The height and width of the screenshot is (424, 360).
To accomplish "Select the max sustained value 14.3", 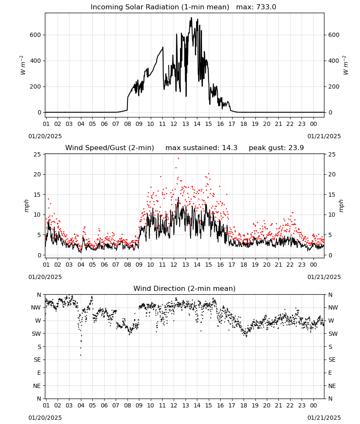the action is [x=230, y=148].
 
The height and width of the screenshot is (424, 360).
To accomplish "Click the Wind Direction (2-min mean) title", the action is [x=185, y=288].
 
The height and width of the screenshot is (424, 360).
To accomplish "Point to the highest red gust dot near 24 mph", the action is [x=178, y=158].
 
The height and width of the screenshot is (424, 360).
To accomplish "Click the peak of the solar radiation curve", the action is [x=191, y=17].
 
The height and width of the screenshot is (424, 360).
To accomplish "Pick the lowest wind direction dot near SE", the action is [x=81, y=355].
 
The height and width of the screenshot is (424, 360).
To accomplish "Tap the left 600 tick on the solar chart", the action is [x=36, y=35].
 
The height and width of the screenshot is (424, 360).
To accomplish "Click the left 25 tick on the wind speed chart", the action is [x=37, y=154].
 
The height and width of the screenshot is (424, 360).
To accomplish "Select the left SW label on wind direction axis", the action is [x=36, y=334].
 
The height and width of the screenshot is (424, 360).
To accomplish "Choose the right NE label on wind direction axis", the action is [x=332, y=386].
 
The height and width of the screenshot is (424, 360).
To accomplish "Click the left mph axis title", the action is [x=26, y=206].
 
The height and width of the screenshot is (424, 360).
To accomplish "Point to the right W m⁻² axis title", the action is [x=346, y=65].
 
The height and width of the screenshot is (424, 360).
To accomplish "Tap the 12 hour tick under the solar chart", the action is [x=174, y=124].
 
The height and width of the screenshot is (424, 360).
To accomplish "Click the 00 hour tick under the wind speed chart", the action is [x=313, y=265].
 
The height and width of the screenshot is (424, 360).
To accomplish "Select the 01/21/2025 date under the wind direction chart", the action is [x=324, y=418].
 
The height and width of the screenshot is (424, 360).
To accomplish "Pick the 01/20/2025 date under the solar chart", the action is [x=45, y=136].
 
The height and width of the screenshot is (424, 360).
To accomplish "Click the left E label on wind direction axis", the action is [x=39, y=373].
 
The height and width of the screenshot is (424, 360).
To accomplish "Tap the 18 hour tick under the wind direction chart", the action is [x=244, y=405].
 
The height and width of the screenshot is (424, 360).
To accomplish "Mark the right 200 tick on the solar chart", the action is [x=334, y=87].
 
